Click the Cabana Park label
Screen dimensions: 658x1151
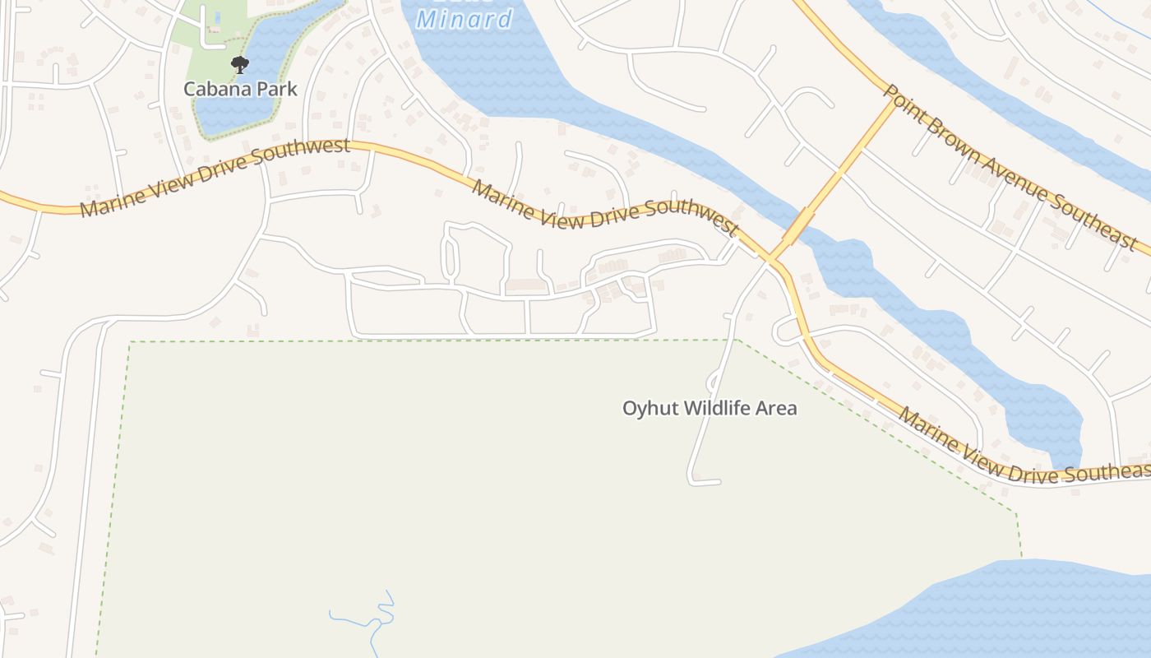pyautogui.click(x=240, y=89)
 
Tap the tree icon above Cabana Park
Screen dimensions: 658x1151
pyautogui.click(x=239, y=64)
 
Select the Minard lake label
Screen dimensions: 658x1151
pyautogui.click(x=465, y=18)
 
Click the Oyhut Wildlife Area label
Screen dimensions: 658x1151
pyautogui.click(x=710, y=408)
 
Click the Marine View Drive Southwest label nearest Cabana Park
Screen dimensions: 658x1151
pyautogui.click(x=215, y=178)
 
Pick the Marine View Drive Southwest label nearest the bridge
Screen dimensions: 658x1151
pyautogui.click(x=605, y=211)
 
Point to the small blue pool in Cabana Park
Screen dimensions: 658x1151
pyautogui.click(x=218, y=16)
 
